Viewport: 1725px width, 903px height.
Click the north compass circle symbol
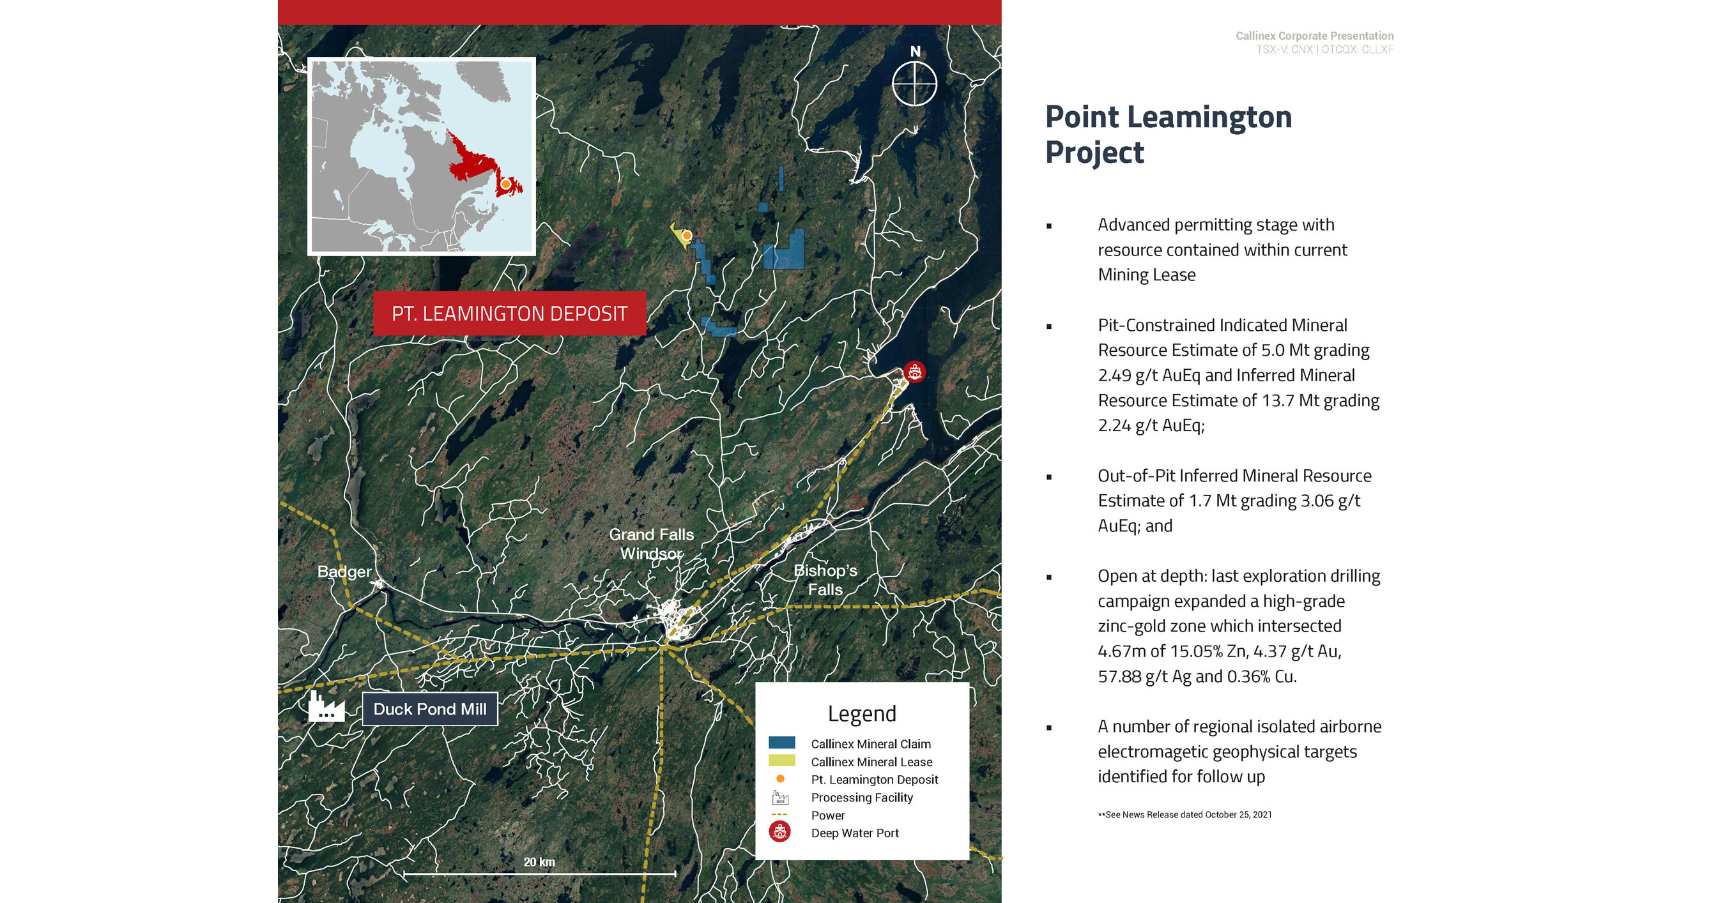pyautogui.click(x=914, y=84)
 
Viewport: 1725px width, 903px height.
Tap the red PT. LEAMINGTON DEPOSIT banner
pyautogui.click(x=510, y=314)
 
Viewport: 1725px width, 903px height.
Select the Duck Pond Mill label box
pyautogui.click(x=430, y=709)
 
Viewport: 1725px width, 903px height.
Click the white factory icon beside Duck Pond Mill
pyautogui.click(x=326, y=708)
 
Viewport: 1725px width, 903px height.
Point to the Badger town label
pyautogui.click(x=344, y=572)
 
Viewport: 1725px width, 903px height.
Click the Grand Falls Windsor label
pyautogui.click(x=651, y=543)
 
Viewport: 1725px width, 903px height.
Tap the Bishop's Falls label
pyautogui.click(x=825, y=580)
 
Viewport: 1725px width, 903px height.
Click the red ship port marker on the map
pyautogui.click(x=914, y=372)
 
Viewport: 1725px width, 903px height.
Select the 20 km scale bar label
pyautogui.click(x=539, y=862)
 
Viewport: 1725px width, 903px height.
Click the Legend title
pyautogui.click(x=862, y=713)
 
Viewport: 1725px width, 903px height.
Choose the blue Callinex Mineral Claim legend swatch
pyautogui.click(x=781, y=742)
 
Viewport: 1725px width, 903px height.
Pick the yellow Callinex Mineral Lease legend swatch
pyautogui.click(x=781, y=761)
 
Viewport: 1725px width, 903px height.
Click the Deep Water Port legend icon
pyautogui.click(x=779, y=832)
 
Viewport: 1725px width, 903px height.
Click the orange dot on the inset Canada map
pyautogui.click(x=505, y=183)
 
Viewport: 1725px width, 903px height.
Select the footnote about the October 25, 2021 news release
pyautogui.click(x=1184, y=815)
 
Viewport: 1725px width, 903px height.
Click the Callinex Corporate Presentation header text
pyautogui.click(x=1314, y=36)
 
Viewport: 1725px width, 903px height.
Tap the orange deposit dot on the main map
pyautogui.click(x=686, y=235)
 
